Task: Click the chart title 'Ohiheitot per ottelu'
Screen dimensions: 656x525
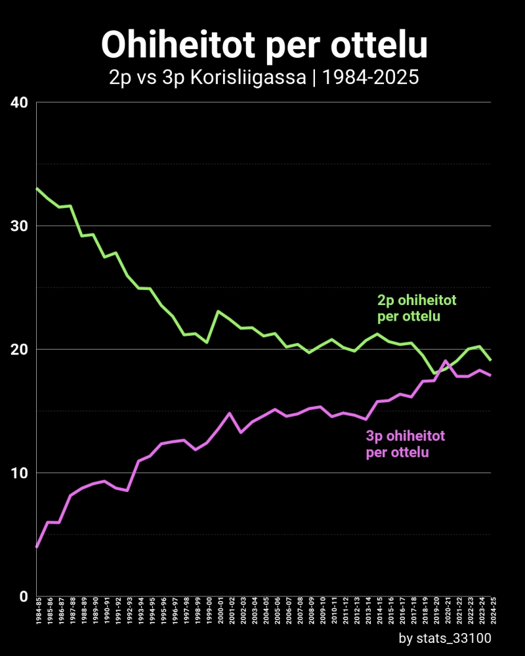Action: (264, 45)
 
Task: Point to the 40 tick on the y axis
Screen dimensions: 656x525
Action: (19, 102)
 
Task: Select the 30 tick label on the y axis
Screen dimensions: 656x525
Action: (19, 226)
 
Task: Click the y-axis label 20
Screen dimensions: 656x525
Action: (19, 349)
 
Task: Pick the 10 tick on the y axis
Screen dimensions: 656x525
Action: (19, 473)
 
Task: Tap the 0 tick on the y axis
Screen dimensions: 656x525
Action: (23, 596)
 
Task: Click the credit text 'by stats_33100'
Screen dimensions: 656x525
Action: (444, 638)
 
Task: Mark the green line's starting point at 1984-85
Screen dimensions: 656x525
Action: (37, 188)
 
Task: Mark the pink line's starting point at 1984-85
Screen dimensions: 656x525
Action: (37, 547)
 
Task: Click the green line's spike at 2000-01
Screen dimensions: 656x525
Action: (218, 311)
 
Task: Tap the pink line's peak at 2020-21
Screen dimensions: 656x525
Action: (446, 361)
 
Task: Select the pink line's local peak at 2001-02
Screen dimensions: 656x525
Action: (230, 413)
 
